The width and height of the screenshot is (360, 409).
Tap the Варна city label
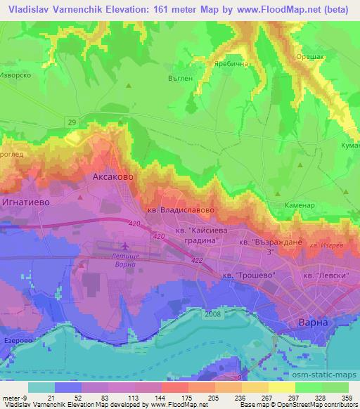pos(313,321)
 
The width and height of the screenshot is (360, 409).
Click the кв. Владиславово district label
pos(174,209)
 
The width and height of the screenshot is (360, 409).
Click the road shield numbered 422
pos(196,259)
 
